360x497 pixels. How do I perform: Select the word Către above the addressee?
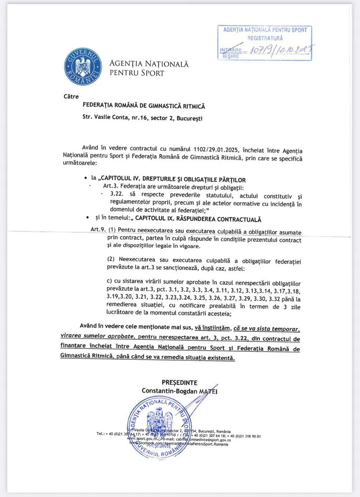tap(72, 96)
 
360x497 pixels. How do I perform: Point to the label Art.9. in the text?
tap(98, 230)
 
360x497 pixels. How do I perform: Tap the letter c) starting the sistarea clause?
tap(110, 281)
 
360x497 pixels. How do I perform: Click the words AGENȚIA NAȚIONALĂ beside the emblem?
tap(149, 64)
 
